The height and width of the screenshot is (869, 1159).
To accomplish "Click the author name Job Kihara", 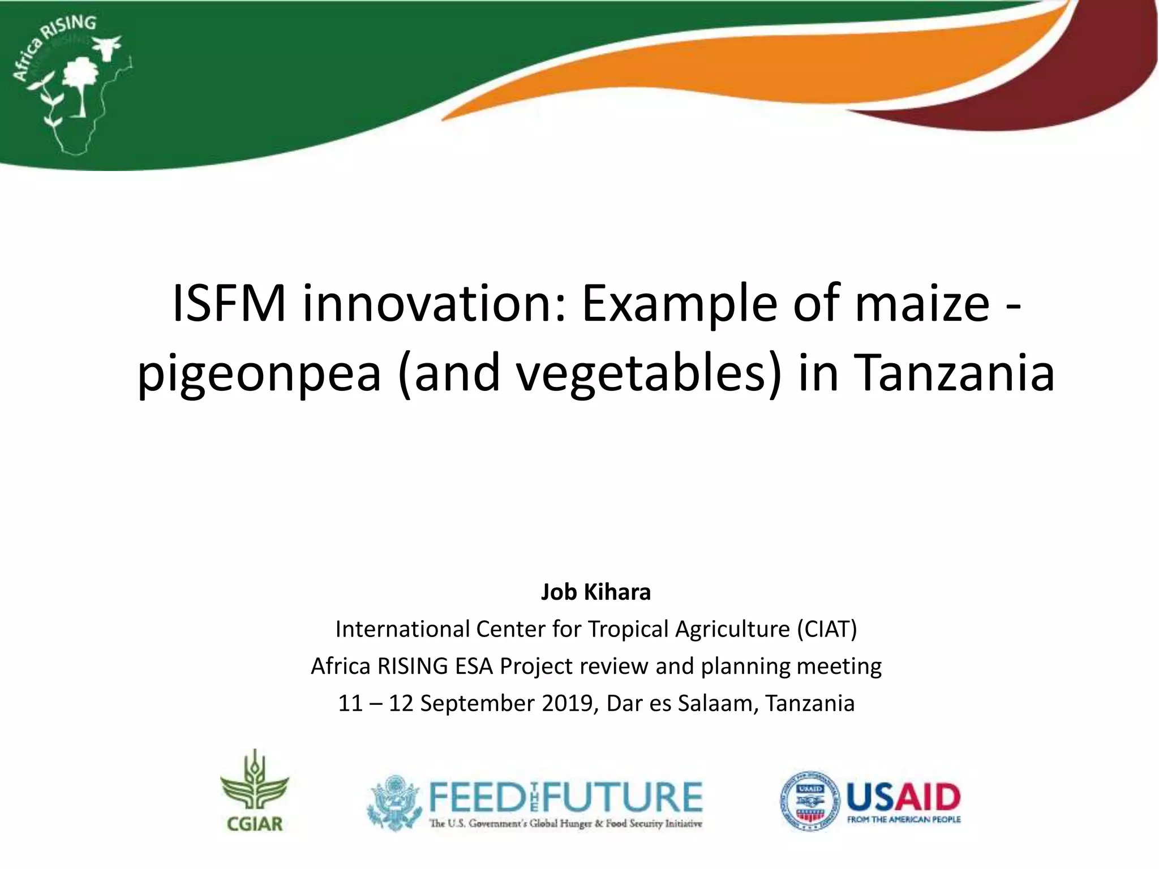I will pyautogui.click(x=596, y=592).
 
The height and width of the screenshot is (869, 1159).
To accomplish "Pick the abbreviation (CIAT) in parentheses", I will pyautogui.click(x=827, y=629).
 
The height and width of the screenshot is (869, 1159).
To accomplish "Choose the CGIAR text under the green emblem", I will pyautogui.click(x=255, y=823).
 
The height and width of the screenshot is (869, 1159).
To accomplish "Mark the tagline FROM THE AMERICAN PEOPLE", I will pyautogui.click(x=904, y=819).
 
